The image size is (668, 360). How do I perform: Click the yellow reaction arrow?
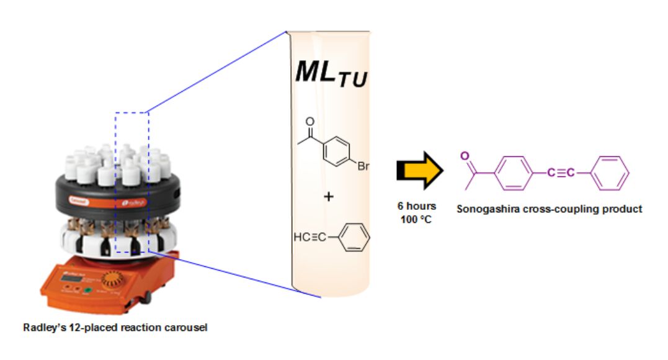(419, 170)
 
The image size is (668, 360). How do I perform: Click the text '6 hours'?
(417, 205)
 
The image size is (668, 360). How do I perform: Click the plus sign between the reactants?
(329, 197)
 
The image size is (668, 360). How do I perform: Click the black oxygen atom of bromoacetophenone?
(311, 122)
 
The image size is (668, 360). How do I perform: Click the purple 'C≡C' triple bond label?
(560, 172)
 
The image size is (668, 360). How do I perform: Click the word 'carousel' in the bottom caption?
(189, 327)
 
